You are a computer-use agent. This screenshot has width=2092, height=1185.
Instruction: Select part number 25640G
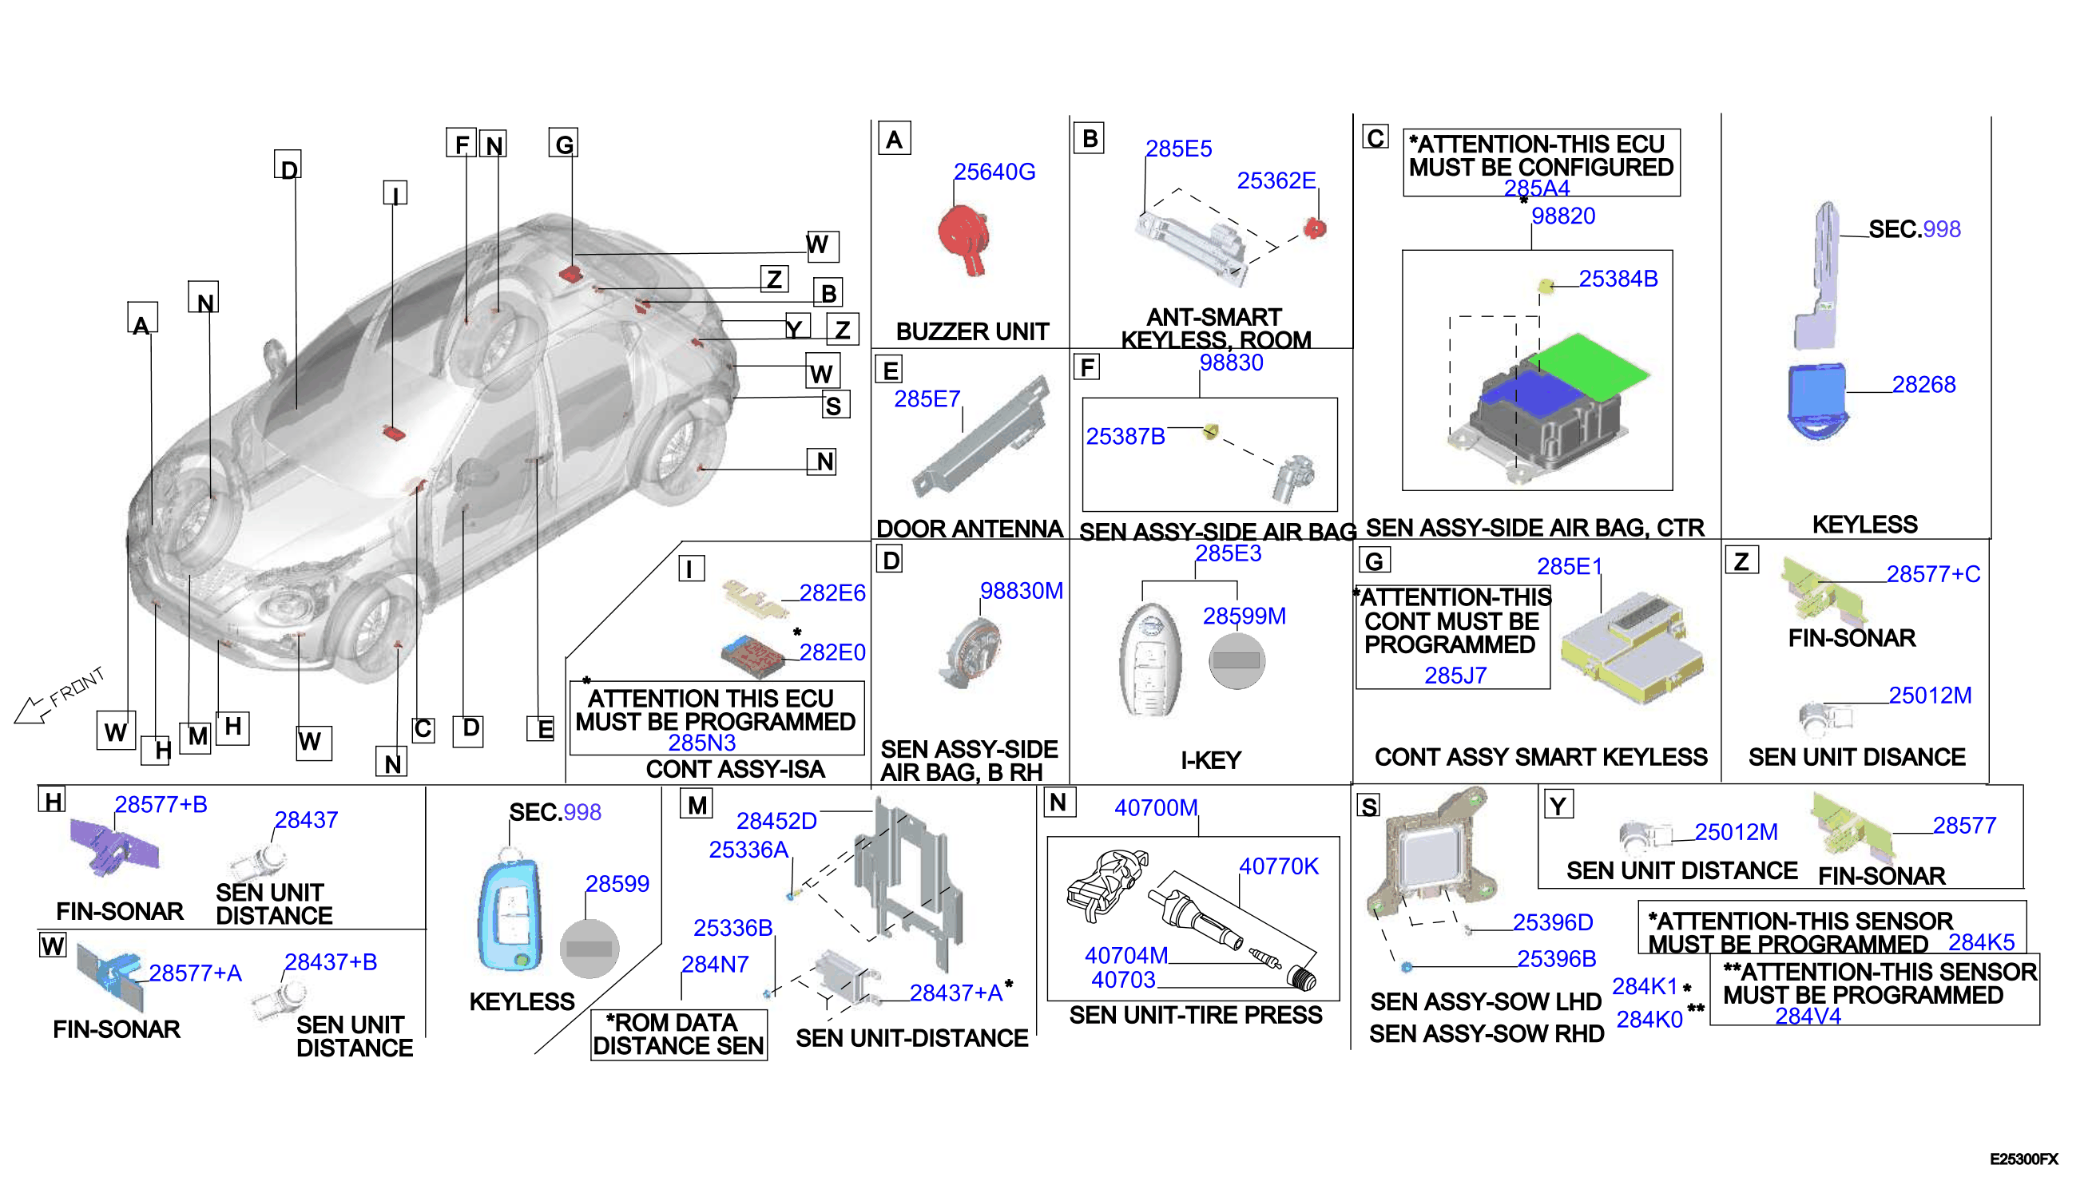[x=994, y=172]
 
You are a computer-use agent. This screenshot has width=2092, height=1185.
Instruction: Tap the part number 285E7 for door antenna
[x=927, y=398]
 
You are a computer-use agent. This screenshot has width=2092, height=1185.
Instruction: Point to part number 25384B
[x=1618, y=279]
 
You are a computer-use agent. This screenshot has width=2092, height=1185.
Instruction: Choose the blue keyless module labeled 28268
[x=1817, y=401]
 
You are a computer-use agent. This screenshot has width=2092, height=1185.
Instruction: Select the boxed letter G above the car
[x=563, y=143]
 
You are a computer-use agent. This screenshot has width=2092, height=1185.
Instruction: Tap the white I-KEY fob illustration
[x=1150, y=660]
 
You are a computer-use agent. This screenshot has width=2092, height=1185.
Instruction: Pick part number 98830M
[x=1021, y=591]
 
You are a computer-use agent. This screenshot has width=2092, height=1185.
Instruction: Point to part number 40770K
[x=1278, y=866]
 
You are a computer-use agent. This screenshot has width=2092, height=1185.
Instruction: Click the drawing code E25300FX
[x=2023, y=1159]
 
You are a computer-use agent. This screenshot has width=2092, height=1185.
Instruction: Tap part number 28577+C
[x=1932, y=575]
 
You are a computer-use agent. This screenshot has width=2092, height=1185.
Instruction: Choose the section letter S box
[x=1369, y=806]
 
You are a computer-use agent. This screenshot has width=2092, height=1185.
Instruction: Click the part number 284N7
[x=715, y=965]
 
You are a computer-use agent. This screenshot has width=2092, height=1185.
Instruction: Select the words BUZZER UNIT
[x=972, y=332]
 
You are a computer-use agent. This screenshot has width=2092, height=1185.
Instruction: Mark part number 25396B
[x=1555, y=959]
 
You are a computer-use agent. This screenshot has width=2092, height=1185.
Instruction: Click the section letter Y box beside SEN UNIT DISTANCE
[x=1558, y=805]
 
